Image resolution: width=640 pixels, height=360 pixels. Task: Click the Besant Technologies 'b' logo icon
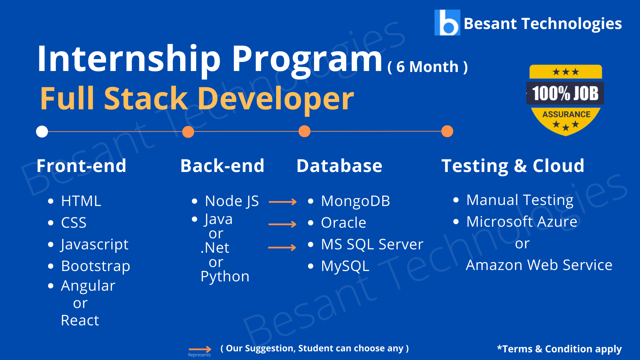click(x=447, y=22)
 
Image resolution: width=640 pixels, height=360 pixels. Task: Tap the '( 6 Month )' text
click(x=428, y=67)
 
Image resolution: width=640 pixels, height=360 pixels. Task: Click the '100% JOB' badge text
click(x=565, y=93)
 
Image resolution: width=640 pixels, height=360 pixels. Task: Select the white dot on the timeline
click(x=42, y=131)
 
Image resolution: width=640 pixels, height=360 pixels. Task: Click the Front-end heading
click(x=82, y=166)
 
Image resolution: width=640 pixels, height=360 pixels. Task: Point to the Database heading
click(x=339, y=166)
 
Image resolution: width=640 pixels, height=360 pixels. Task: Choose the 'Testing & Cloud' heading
click(x=513, y=166)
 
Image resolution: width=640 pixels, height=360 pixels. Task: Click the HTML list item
click(x=81, y=201)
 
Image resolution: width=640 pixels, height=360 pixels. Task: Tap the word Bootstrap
click(x=96, y=266)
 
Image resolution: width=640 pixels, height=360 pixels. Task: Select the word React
click(x=80, y=320)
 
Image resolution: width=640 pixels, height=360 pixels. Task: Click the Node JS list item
click(x=232, y=201)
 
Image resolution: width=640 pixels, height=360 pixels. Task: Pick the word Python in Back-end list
click(x=225, y=277)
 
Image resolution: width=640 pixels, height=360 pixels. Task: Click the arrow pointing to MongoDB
click(x=283, y=202)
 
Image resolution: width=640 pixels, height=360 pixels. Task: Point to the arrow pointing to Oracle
click(x=282, y=224)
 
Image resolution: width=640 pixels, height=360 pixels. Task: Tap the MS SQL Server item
click(x=372, y=244)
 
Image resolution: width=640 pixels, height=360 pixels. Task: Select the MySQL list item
click(x=345, y=266)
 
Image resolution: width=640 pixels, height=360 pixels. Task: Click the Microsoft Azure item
click(x=522, y=222)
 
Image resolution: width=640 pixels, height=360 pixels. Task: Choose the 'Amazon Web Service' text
click(x=539, y=265)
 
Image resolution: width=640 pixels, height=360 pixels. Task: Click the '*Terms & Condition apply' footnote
click(x=559, y=349)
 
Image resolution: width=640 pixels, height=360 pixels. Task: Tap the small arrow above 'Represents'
click(x=200, y=349)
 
